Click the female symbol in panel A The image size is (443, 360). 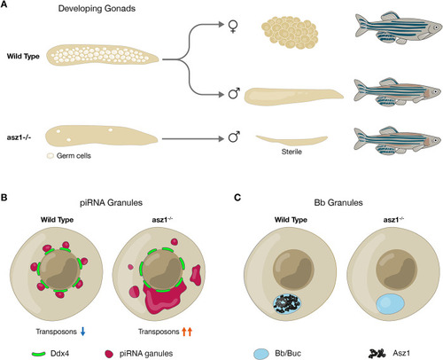coord(233,27)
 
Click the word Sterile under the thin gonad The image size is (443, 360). coord(291,152)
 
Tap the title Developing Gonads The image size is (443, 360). coord(97,8)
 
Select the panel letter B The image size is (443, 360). coord(4,197)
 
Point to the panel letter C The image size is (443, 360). coord(237,197)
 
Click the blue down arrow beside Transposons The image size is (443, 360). coord(83,331)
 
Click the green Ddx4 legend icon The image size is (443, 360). coord(38,354)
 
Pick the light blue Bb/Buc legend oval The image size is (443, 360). coord(261,354)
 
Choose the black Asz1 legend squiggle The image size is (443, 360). coord(377,353)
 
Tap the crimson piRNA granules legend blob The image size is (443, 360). coord(109,354)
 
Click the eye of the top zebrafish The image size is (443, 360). coord(436,27)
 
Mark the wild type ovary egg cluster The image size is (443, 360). coord(290,32)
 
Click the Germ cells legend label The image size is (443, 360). coord(74,156)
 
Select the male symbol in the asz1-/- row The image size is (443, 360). coord(234,137)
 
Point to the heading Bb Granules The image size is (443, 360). coord(338,203)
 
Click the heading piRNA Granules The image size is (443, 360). coord(111,203)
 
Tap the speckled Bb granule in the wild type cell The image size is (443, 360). coord(287,303)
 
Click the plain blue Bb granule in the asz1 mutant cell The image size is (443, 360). coord(390,303)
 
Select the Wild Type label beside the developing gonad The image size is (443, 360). coord(23,57)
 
